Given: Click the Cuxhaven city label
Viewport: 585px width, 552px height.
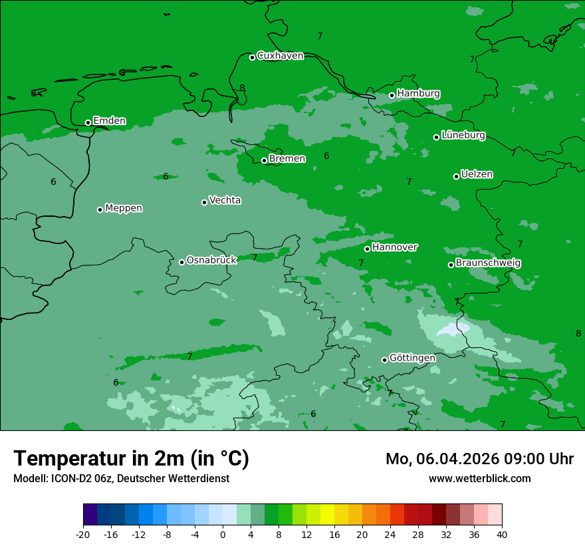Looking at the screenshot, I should click(280, 56).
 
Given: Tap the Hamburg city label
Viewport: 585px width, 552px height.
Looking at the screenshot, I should click(418, 94).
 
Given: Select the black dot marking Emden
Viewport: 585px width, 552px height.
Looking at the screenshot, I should click(88, 122).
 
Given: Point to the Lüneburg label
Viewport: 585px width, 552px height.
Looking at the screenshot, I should click(463, 135).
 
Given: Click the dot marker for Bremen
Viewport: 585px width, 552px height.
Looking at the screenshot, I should click(264, 160).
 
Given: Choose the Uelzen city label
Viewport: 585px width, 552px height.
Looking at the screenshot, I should click(477, 174).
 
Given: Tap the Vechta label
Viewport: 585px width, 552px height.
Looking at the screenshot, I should click(225, 200).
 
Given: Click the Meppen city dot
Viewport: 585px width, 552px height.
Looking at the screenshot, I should click(100, 209).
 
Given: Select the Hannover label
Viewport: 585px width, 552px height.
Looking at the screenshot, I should click(394, 247).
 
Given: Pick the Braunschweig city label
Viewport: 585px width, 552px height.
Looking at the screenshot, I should click(488, 263).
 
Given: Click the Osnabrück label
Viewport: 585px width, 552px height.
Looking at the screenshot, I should click(211, 260).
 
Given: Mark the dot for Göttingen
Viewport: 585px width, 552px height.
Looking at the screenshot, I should click(384, 360).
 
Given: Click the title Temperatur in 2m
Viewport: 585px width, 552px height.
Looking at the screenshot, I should click(131, 459).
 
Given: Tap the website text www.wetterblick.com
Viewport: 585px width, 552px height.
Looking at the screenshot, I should click(479, 478).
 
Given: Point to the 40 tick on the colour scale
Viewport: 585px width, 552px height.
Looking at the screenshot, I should click(502, 534).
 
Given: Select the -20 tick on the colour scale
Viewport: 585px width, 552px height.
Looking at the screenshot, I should click(83, 534).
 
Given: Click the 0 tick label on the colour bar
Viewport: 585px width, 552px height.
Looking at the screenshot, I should click(223, 534).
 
